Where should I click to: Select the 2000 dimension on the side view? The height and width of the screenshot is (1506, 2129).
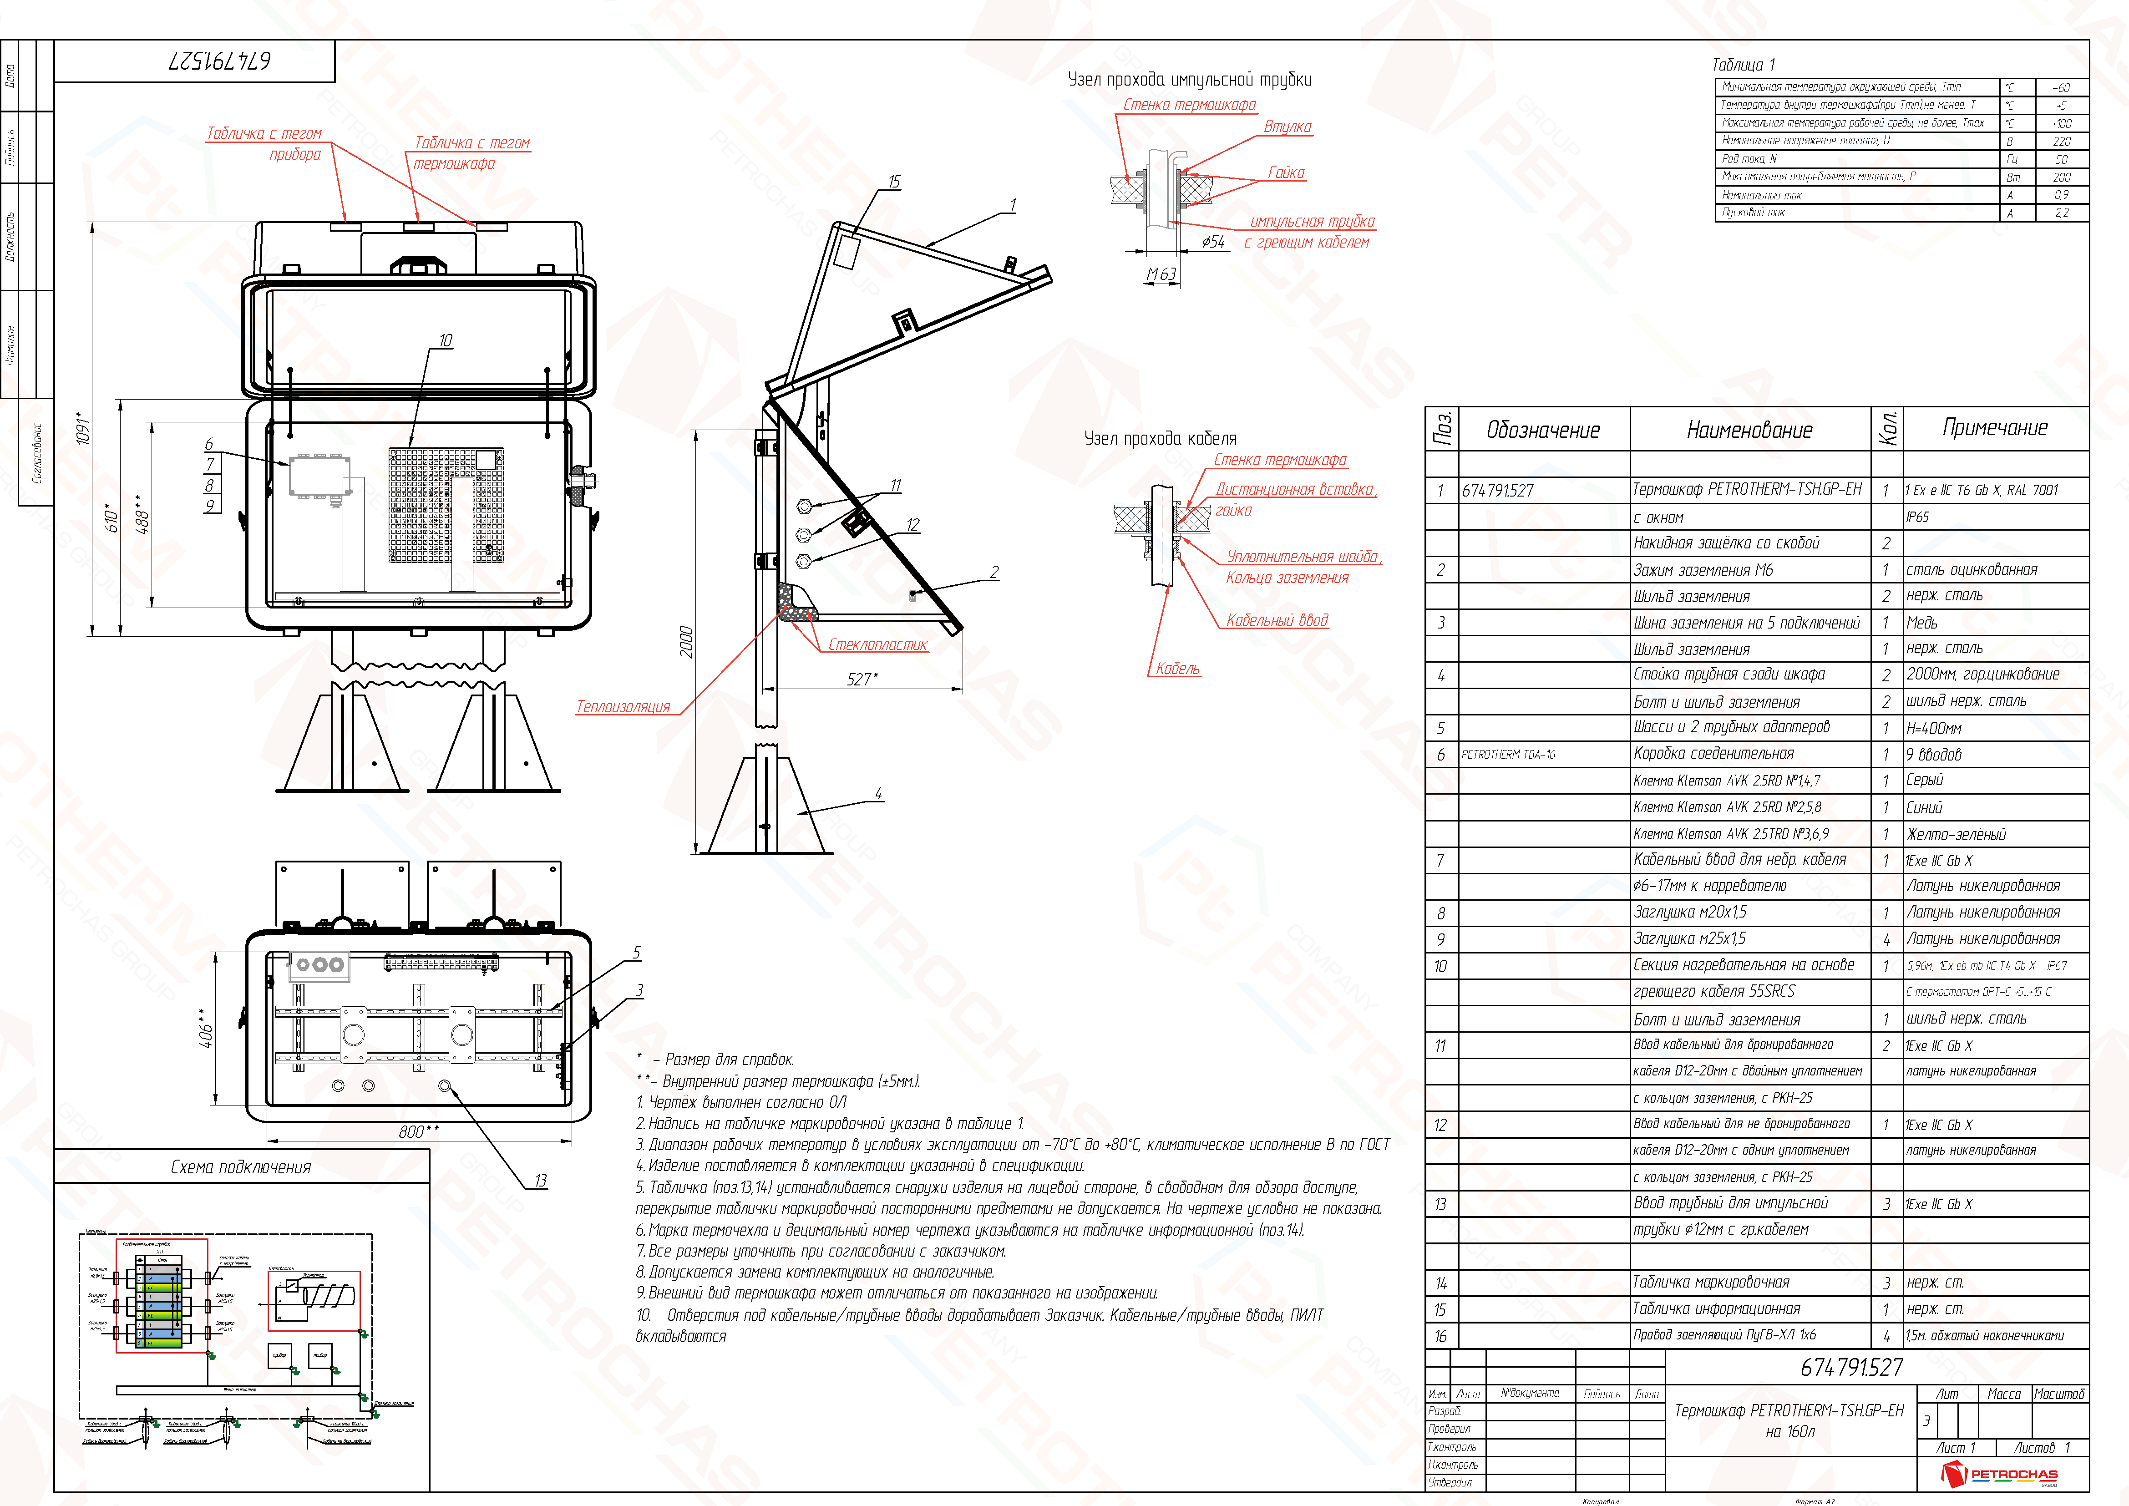(x=686, y=642)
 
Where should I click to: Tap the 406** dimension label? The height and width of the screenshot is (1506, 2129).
(x=206, y=1029)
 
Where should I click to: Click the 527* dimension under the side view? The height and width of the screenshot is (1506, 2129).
(x=862, y=680)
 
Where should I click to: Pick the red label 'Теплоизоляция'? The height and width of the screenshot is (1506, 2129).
(x=623, y=707)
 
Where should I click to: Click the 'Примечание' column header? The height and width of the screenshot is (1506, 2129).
(x=1995, y=427)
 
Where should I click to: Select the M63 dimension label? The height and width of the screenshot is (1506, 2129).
(x=1161, y=274)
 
